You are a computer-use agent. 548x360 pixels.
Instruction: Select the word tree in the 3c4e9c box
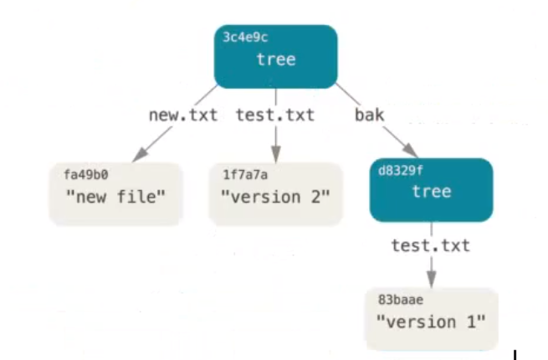point(276,59)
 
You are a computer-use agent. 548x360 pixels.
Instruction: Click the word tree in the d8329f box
point(432,192)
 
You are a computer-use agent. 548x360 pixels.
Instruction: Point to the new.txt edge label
point(182,115)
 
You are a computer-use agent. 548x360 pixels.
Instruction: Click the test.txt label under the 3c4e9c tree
point(275,115)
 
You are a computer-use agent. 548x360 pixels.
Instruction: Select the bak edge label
point(369,115)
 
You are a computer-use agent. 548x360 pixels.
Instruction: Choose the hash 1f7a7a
point(242,174)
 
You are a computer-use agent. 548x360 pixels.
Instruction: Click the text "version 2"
point(275,198)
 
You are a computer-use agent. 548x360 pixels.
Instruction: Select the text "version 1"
point(431,321)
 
